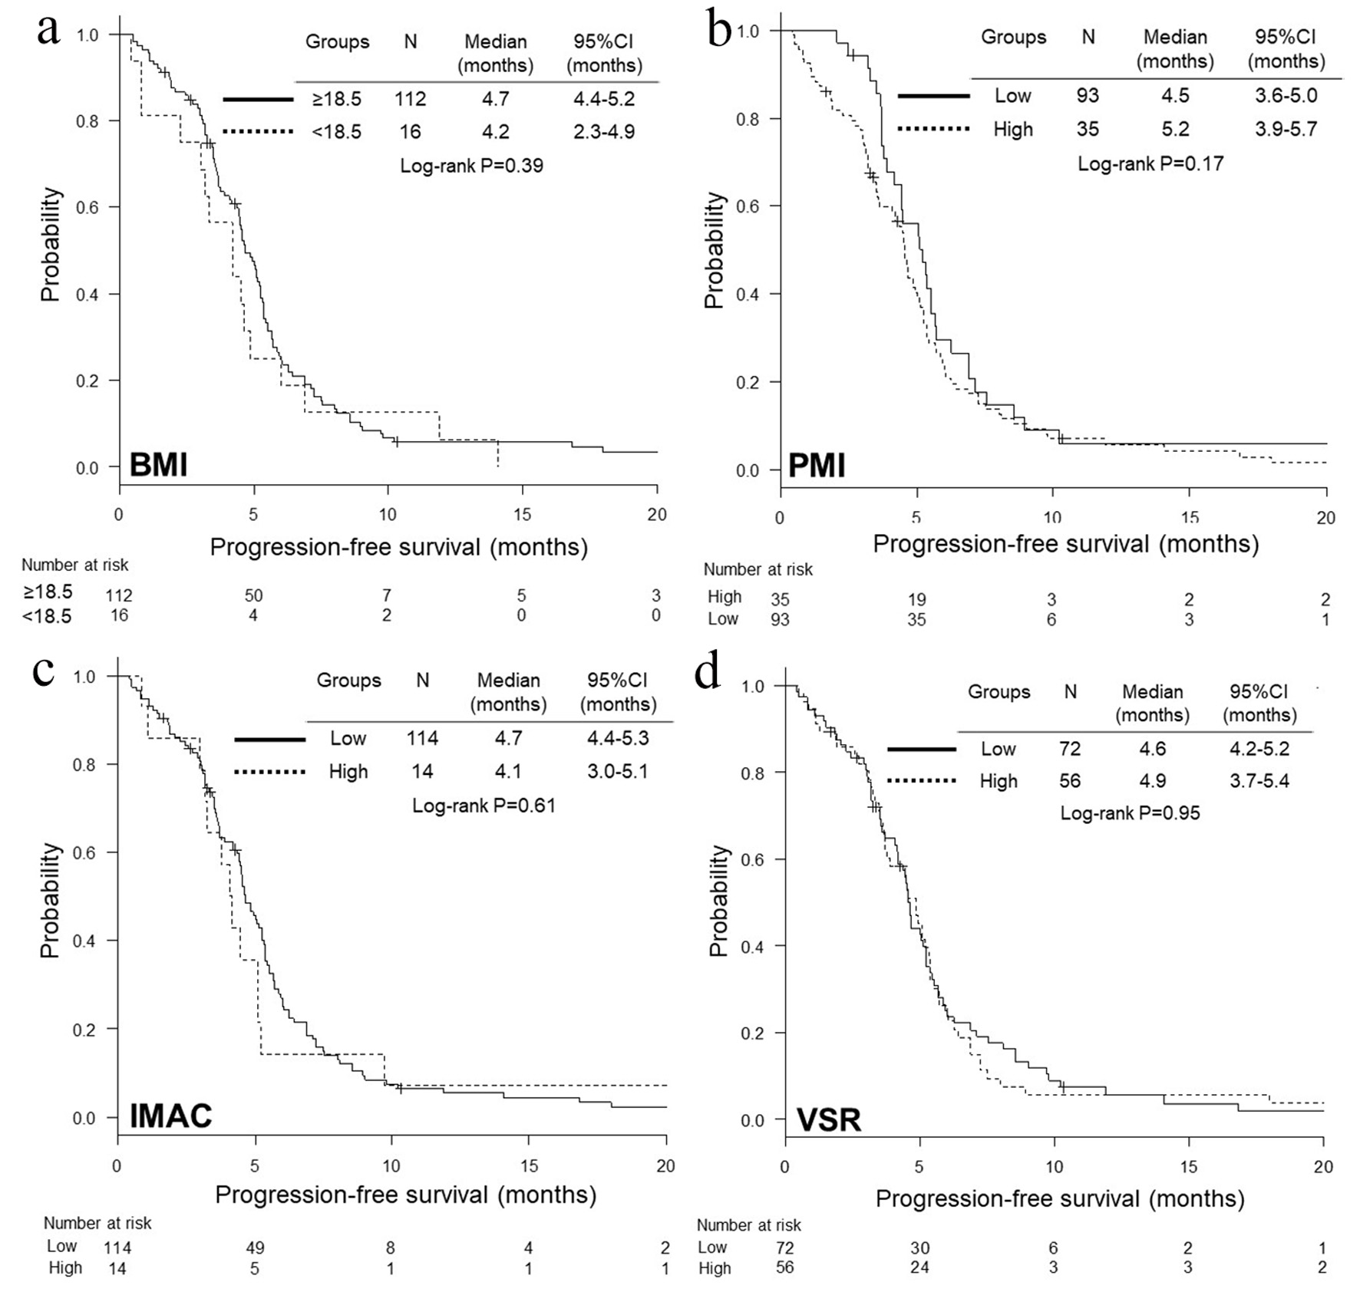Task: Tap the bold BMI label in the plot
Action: point(158,465)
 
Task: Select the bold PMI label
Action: point(817,465)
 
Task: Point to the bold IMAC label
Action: point(170,1116)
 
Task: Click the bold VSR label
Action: point(829,1120)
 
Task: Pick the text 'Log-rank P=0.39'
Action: point(471,165)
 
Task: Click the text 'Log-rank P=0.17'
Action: point(1150,163)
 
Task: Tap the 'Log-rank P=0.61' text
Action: point(484,805)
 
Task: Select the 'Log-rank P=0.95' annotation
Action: point(1130,812)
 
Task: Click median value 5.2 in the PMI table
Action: point(1175,129)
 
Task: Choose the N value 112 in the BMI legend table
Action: point(411,99)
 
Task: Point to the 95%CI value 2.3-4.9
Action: point(603,132)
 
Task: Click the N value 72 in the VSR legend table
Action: point(1069,749)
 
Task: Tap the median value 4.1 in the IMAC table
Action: point(508,771)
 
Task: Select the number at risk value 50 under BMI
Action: point(253,595)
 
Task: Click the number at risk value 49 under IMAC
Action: point(254,1248)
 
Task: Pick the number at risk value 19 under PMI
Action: point(916,599)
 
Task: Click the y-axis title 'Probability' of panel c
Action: point(50,900)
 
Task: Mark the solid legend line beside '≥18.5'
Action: point(258,99)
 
